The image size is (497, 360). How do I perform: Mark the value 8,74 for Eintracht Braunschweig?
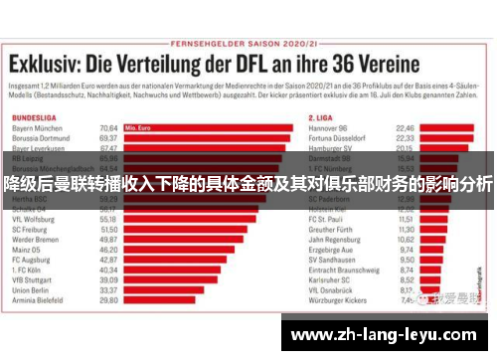coord(406,270)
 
